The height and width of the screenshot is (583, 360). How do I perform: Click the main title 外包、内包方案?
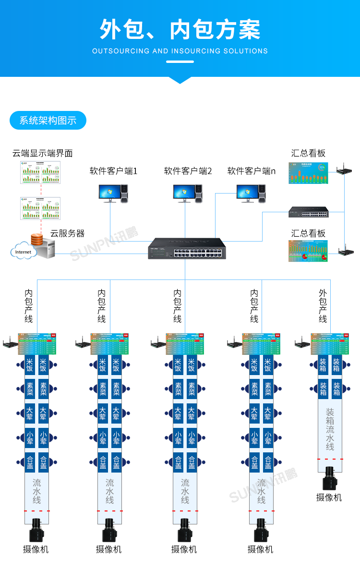pyautogui.click(x=180, y=30)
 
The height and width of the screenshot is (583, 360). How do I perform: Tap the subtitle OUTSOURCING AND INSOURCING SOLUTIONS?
pyautogui.click(x=180, y=51)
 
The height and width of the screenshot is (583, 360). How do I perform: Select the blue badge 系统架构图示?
pyautogui.click(x=48, y=121)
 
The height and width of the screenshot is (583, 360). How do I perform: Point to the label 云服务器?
pyautogui.click(x=67, y=233)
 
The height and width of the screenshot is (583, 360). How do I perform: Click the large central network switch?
pyautogui.click(x=187, y=248)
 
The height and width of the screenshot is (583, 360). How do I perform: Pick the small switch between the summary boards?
pyautogui.click(x=308, y=212)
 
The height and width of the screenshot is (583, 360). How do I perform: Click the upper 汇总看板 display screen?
pyautogui.click(x=308, y=173)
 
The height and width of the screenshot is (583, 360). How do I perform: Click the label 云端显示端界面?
pyautogui.click(x=43, y=153)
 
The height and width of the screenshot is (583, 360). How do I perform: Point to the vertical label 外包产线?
pyautogui.click(x=323, y=305)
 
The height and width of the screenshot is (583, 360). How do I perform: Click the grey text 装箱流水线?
pyautogui.click(x=330, y=429)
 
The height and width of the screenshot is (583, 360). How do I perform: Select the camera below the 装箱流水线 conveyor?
pyautogui.click(x=329, y=478)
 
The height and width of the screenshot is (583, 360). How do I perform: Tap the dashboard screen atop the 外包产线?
pyautogui.click(x=330, y=343)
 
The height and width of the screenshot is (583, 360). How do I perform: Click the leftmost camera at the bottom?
pyautogui.click(x=36, y=530)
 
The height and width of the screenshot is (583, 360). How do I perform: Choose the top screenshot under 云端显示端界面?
pyautogui.click(x=40, y=172)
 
